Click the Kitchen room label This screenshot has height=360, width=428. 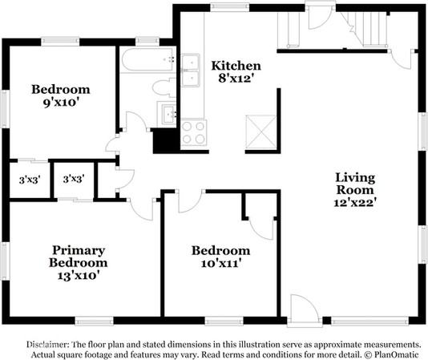pyautogui.click(x=235, y=65)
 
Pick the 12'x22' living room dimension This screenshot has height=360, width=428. pyautogui.click(x=355, y=204)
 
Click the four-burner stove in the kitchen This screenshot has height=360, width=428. pyautogui.click(x=193, y=131)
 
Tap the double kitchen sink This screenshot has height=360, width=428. pyautogui.click(x=190, y=70)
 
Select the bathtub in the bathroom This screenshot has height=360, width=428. pyautogui.click(x=147, y=59)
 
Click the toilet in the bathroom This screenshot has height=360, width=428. pyautogui.click(x=163, y=87)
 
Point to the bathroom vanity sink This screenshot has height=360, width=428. pyautogui.click(x=168, y=114)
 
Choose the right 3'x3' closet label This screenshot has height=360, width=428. pyautogui.click(x=74, y=180)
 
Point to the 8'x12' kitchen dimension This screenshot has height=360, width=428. pyautogui.click(x=235, y=79)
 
